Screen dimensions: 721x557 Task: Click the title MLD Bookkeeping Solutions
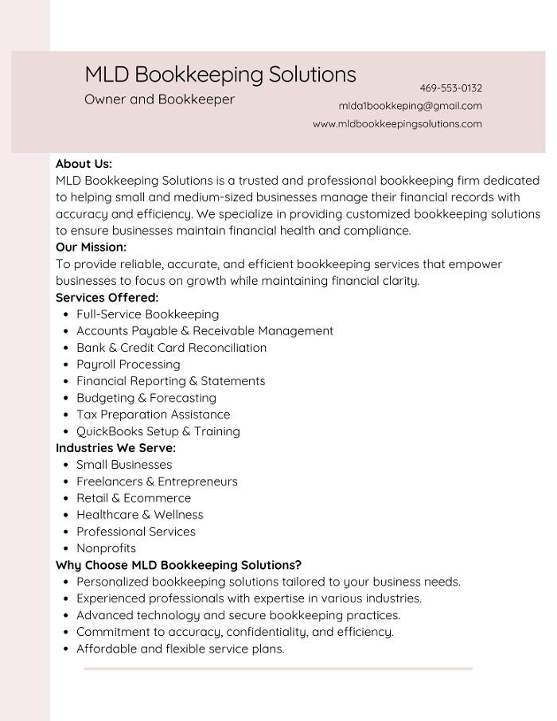tap(220, 74)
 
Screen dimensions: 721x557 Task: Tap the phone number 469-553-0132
tap(450, 88)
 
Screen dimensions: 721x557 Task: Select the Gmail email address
tap(410, 106)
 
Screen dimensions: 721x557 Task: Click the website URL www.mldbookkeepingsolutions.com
tap(397, 124)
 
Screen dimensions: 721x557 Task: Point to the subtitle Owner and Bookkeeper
tap(159, 99)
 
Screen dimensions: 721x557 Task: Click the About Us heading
tap(84, 164)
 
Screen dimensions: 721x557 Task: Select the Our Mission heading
tap(91, 247)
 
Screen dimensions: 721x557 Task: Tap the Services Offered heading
tap(107, 298)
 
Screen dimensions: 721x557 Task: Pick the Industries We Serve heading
tap(115, 448)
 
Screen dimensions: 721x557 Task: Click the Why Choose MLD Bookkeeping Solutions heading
tap(178, 565)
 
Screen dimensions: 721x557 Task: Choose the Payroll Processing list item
tap(128, 364)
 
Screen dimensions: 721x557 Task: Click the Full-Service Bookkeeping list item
tap(147, 314)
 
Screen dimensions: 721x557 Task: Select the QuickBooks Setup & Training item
tap(158, 431)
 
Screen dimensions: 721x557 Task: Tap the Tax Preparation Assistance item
tap(153, 415)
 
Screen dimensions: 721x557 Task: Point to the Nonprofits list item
tap(106, 548)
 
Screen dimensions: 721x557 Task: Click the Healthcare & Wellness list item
tap(139, 515)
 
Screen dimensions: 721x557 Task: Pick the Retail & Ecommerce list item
tap(134, 498)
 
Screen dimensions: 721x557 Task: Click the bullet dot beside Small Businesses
tap(64, 465)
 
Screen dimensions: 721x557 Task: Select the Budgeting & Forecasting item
tap(146, 398)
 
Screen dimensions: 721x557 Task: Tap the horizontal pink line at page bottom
tap(278, 669)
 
